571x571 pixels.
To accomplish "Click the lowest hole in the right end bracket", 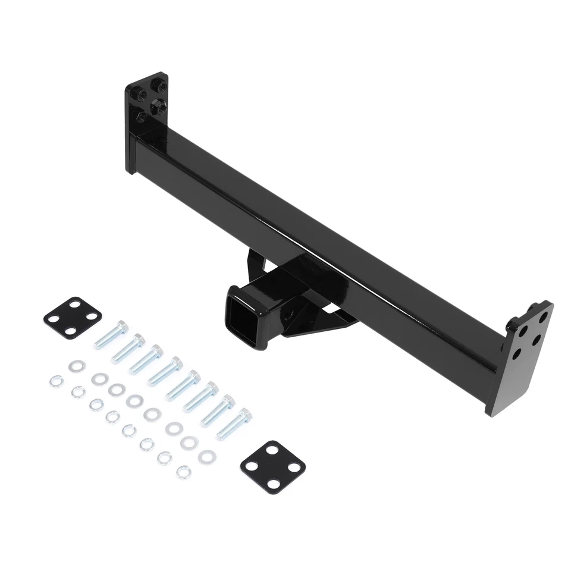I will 516,352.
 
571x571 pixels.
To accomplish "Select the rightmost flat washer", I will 207,457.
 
